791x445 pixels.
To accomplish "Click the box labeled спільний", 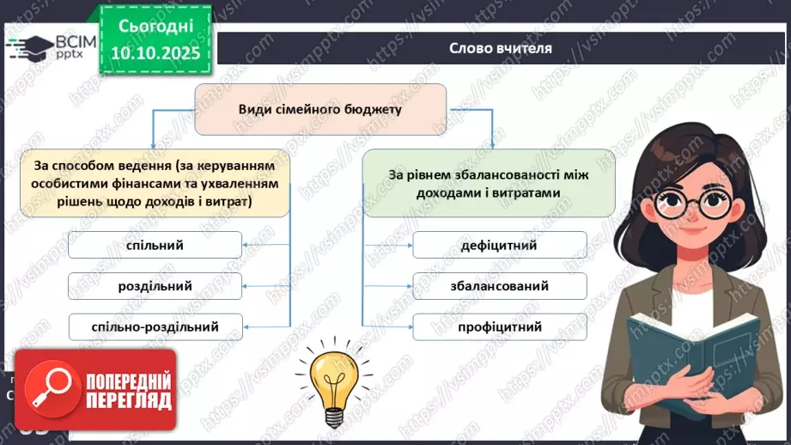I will tap(155, 247).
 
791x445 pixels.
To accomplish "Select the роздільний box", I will tap(155, 286).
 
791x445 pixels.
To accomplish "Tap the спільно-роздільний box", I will tap(155, 326).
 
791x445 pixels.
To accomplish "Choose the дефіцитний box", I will tap(499, 246).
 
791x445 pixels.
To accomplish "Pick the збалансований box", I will tap(499, 286).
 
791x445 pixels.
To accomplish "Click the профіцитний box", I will tap(499, 326).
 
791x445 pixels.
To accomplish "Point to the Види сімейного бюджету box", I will tap(320, 109).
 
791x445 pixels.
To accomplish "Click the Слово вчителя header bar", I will tap(501, 48).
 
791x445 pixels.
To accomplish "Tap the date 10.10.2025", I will tap(155, 53).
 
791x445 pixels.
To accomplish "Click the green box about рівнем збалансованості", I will tap(489, 183).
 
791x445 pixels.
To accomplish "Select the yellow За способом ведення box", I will tap(155, 183).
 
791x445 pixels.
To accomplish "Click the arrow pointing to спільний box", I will tap(258, 247).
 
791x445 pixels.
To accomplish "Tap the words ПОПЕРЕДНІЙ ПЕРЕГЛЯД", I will tap(130, 390).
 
